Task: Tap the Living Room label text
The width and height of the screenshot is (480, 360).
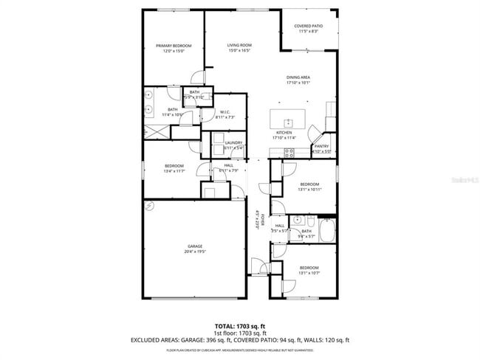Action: coord(239,46)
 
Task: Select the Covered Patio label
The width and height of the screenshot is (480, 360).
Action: coord(309,28)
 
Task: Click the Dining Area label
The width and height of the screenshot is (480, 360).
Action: coord(298,77)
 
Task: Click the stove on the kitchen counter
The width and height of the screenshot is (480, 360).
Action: coord(289,153)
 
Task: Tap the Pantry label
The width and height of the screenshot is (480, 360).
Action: coord(321,146)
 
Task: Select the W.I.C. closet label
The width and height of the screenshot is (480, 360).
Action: coord(224,112)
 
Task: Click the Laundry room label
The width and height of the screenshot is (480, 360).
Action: coord(233,143)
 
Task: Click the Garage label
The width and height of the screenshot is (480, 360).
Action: coord(194,246)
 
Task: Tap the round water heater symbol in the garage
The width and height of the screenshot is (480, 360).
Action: coord(149,206)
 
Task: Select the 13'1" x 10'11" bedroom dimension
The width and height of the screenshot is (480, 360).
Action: coord(309,190)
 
